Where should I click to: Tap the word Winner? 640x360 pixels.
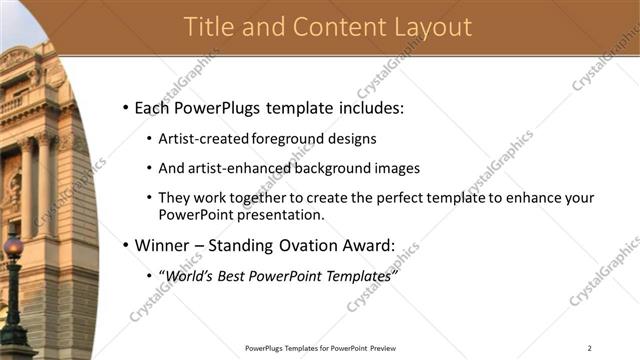tap(160, 245)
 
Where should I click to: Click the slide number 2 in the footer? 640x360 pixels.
tap(589, 348)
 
